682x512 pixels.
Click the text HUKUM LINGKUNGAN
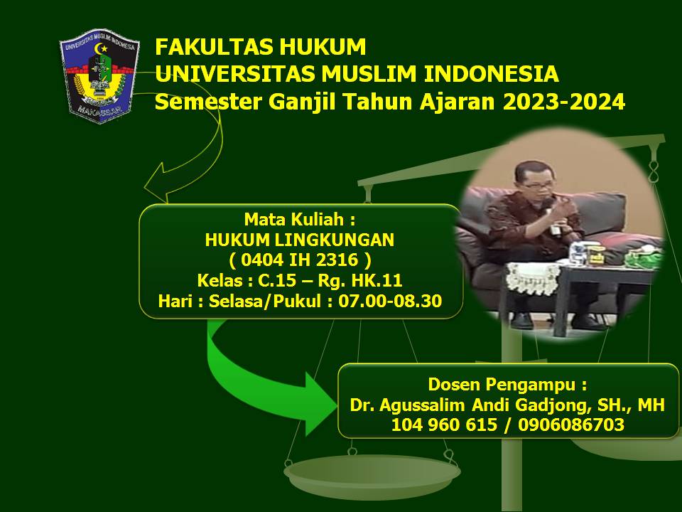click(299, 240)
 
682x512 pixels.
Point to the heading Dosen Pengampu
click(507, 385)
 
